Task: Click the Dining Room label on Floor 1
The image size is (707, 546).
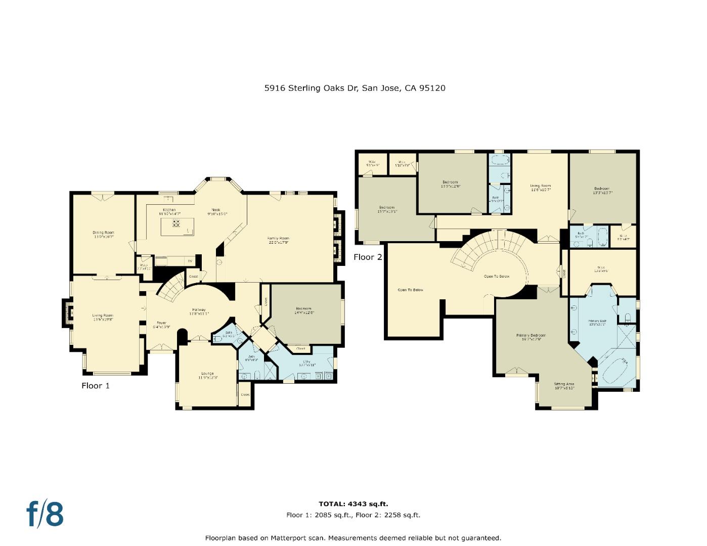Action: pos(103,235)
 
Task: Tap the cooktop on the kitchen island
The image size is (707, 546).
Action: pos(176,222)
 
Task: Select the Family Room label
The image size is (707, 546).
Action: pos(279,240)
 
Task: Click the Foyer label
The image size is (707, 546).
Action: pos(161,324)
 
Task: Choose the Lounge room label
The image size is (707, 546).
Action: pos(207,375)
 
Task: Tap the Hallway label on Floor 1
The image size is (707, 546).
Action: pos(198,311)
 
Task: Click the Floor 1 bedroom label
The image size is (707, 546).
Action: pos(303,310)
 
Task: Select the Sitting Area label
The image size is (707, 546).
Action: pos(564,385)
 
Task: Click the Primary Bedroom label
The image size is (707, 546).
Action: pos(531,337)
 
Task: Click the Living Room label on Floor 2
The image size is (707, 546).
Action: pos(540,187)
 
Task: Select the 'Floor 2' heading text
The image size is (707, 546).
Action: pos(368,257)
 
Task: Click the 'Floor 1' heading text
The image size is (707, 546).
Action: pos(96,386)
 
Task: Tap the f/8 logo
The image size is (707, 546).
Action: pos(46,514)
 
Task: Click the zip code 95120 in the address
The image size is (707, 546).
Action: pos(432,88)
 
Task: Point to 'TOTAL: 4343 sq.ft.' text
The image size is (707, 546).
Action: pos(353,504)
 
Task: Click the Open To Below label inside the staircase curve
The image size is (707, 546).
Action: pos(497,276)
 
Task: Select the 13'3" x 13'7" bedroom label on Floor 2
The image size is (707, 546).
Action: pos(602,190)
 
